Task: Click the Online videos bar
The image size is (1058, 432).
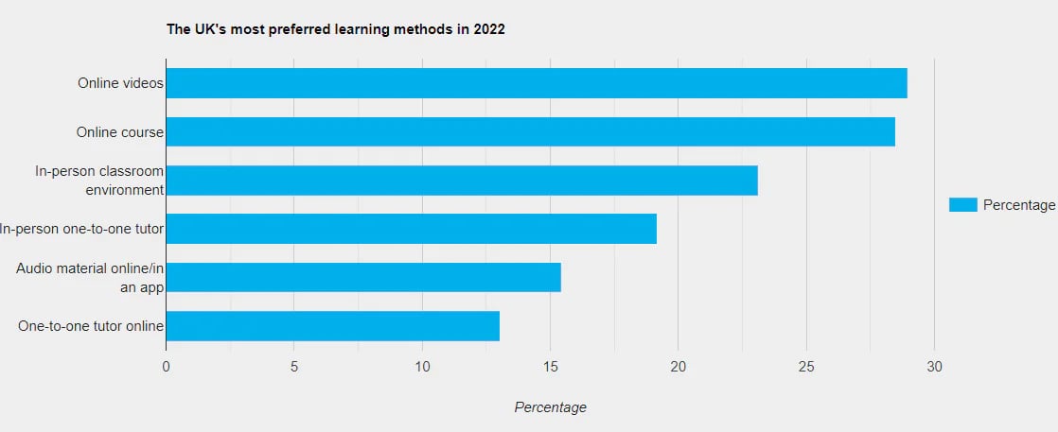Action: coord(536,83)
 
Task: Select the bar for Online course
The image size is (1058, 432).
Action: coord(530,131)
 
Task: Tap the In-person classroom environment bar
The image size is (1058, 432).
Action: coord(461,180)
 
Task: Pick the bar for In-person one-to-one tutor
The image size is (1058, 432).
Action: coord(411,229)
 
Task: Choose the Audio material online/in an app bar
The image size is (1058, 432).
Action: coord(362,277)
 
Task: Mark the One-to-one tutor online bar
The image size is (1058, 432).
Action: coord(332,326)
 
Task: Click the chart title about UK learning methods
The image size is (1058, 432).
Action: coord(336,29)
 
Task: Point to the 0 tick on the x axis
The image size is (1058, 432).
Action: coord(166,367)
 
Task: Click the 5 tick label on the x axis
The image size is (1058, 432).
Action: coord(293,367)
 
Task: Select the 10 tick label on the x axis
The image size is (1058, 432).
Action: coord(422,367)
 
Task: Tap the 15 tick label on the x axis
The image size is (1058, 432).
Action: coord(550,367)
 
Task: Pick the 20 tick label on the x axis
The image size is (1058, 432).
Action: coord(678,367)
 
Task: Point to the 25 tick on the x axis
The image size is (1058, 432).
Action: coord(806,367)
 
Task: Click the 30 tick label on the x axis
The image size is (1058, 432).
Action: coord(934,367)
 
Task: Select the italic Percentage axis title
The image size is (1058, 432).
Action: coord(550,407)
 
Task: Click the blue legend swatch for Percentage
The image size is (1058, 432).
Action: coord(962,205)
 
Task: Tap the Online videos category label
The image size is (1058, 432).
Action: coord(120,83)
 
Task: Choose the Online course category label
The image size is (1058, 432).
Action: coord(120,132)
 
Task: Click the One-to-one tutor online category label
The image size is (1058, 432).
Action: coord(91,326)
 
